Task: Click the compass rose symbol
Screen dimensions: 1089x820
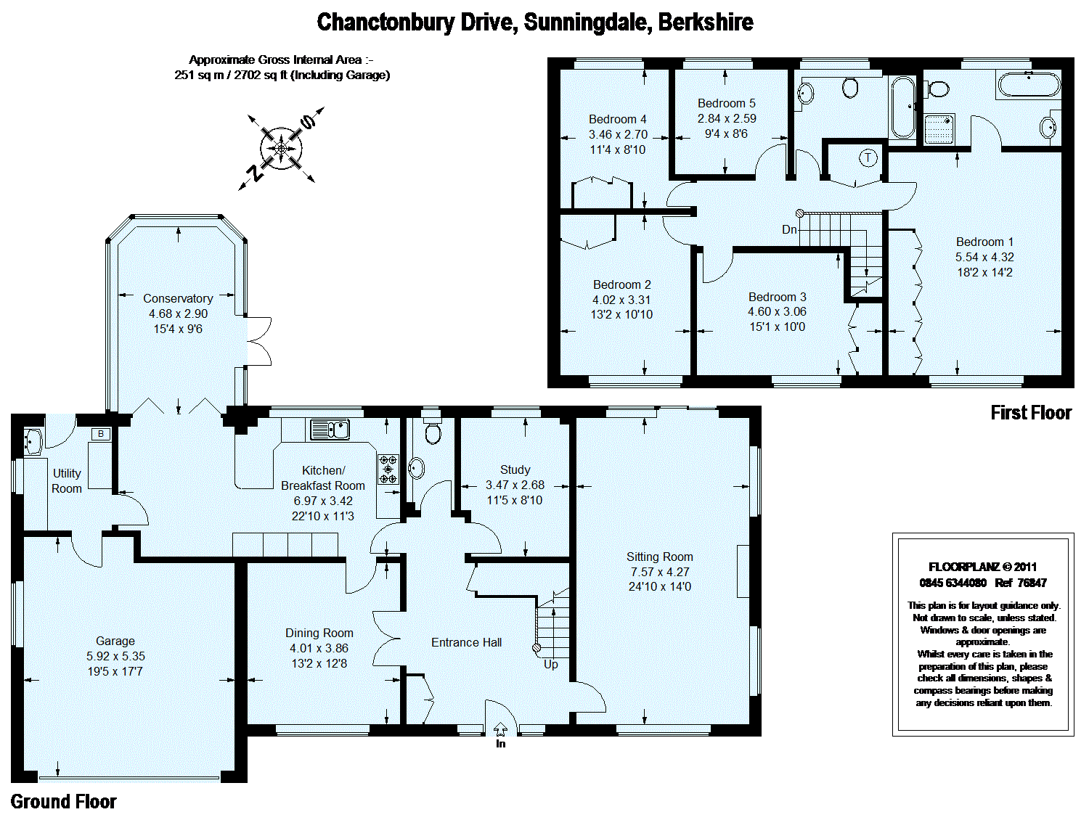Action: [281, 148]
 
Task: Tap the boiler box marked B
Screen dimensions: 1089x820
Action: [101, 434]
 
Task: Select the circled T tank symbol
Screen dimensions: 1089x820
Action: [868, 158]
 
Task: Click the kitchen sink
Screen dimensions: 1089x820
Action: [330, 430]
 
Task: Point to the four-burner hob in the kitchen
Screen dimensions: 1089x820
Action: [388, 469]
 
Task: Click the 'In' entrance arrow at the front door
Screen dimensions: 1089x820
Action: [500, 729]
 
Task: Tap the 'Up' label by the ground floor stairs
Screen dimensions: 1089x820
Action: [551, 664]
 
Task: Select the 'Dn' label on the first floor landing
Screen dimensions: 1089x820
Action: [789, 229]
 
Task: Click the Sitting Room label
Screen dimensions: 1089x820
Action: [659, 557]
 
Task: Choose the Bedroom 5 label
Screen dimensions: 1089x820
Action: [726, 103]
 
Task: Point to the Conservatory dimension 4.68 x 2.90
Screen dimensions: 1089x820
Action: [178, 313]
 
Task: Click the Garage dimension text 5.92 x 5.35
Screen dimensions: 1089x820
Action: [115, 657]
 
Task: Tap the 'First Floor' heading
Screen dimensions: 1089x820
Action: [1031, 412]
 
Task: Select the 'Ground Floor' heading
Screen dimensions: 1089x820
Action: [63, 802]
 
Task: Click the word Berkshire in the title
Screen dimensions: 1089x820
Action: [706, 22]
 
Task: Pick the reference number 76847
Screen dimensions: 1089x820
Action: [1032, 583]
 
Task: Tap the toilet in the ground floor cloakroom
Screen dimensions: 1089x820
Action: [433, 431]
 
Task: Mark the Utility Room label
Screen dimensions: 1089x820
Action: [67, 481]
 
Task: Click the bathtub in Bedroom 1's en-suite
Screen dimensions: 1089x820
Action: [1029, 85]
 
